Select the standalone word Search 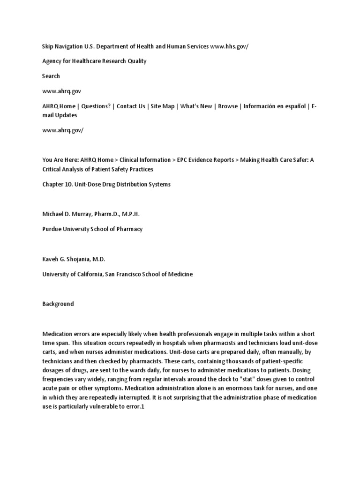51,76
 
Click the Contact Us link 131,106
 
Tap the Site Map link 162,106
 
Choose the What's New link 196,106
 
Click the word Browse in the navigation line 228,106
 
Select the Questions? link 96,106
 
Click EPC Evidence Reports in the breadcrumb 205,160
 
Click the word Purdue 52,229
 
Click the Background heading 58,304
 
